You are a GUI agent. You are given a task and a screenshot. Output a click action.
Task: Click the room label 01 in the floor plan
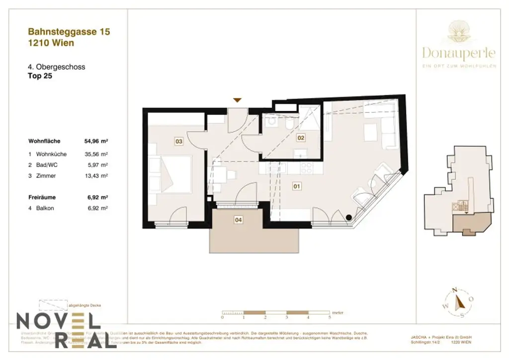coord(297,187)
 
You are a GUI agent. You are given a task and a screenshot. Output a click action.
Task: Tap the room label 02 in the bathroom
coord(301,137)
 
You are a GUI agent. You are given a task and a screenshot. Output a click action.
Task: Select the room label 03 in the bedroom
coord(179,142)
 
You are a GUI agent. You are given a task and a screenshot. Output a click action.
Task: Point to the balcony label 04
coord(239,220)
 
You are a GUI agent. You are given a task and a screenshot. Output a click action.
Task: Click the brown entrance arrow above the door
coord(238,100)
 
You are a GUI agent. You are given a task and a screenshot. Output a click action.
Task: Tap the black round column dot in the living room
coord(349,217)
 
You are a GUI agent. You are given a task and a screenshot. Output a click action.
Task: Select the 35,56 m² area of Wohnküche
coord(96,154)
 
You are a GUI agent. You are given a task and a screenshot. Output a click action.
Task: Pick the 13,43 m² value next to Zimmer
coord(96,176)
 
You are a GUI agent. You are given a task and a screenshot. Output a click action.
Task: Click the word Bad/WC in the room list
coord(45,165)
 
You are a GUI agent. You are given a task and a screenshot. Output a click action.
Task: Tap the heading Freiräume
coord(41,197)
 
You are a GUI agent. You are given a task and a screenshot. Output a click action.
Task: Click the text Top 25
coord(40,77)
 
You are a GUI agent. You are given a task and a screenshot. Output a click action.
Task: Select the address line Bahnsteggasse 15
coord(69,32)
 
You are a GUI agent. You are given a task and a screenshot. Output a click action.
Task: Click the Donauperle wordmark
coord(459,52)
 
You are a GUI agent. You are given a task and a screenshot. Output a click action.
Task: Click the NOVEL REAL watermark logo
coord(65,330)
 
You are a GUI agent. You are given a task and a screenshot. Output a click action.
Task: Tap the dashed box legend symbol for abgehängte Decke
coord(51,305)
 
